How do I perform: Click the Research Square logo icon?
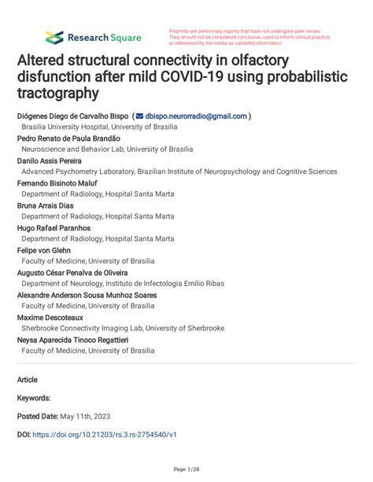click(x=54, y=37)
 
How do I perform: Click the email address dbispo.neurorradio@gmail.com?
click(x=197, y=115)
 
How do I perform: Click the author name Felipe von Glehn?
click(x=46, y=250)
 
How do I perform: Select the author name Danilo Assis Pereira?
click(x=55, y=160)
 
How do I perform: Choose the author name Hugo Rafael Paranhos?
click(x=54, y=227)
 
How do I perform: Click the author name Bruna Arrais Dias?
click(x=49, y=205)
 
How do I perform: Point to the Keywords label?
click(x=34, y=398)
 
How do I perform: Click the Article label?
click(x=28, y=378)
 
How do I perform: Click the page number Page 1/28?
click(x=186, y=469)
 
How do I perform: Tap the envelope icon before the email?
click(x=140, y=116)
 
